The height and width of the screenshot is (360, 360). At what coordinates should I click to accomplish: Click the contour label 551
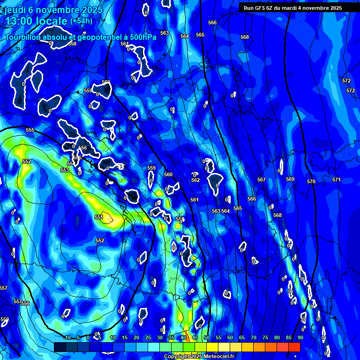click(98, 217)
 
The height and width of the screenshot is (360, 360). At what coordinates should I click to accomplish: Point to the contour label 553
click(65, 170)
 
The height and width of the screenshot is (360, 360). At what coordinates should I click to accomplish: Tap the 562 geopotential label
click(195, 180)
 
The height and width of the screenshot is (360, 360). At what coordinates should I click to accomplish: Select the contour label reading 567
click(262, 180)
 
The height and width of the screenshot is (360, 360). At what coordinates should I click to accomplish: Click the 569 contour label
click(290, 179)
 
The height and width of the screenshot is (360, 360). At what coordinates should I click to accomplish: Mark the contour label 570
click(311, 181)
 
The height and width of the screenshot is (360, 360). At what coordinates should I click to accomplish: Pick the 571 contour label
click(337, 180)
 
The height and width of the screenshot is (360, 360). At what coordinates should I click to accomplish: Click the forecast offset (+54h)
click(81, 21)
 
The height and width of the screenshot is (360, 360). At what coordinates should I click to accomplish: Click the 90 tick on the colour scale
click(300, 337)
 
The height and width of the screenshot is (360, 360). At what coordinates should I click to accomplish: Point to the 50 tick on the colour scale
click(206, 337)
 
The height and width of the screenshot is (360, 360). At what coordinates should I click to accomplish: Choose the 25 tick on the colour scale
click(148, 337)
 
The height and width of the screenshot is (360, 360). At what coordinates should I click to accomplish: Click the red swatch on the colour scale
click(294, 347)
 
